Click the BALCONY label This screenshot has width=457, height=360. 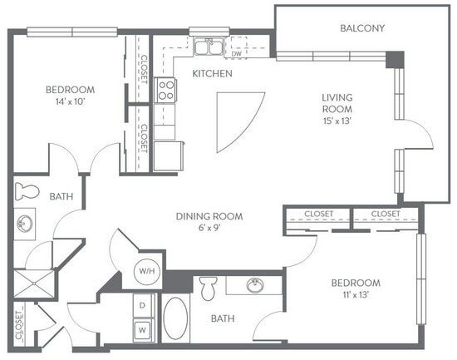[x=362, y=28]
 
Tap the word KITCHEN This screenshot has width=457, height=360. [x=211, y=74]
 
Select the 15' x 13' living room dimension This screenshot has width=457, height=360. [x=337, y=120]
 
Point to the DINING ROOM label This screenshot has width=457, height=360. [x=209, y=216]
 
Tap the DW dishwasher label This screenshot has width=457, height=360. [x=237, y=55]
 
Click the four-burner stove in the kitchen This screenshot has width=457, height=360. [x=166, y=89]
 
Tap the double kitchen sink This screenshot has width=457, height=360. [x=208, y=47]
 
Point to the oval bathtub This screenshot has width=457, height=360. [x=176, y=319]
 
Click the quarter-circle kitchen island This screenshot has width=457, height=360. [x=234, y=119]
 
